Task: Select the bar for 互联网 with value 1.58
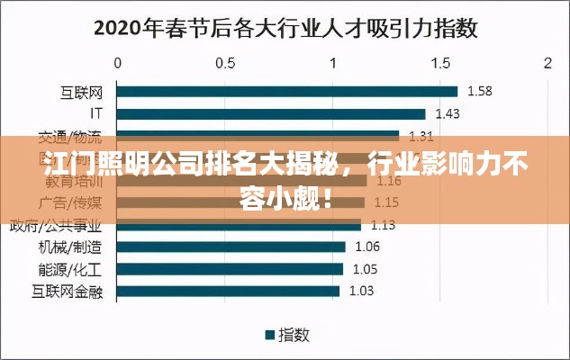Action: pyautogui.click(x=287, y=91)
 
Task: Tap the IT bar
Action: pyautogui.click(x=271, y=114)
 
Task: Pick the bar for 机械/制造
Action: pyautogui.click(x=231, y=247)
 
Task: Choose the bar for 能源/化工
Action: pyautogui.click(x=231, y=268)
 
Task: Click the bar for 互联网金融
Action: pyautogui.click(x=228, y=291)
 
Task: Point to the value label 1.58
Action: pyautogui.click(x=480, y=91)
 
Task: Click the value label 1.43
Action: pyautogui.click(x=448, y=114)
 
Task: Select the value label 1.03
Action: pyautogui.click(x=361, y=291)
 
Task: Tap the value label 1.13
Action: pyautogui.click(x=384, y=225)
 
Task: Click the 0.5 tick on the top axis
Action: pyautogui.click(x=225, y=63)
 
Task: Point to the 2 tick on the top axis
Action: pyautogui.click(x=547, y=63)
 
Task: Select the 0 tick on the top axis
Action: pyautogui.click(x=118, y=63)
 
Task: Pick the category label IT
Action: pyautogui.click(x=96, y=114)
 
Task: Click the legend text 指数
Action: pyautogui.click(x=294, y=335)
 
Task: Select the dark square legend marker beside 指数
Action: pyautogui.click(x=268, y=335)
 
